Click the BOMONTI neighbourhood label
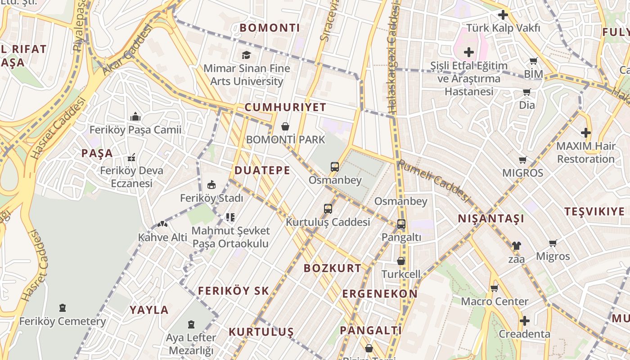tap(270, 28)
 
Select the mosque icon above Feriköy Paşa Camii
tap(135, 117)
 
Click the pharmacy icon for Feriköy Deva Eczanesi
tap(131, 157)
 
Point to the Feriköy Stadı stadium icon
tap(211, 184)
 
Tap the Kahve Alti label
tap(162, 237)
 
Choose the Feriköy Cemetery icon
tap(63, 308)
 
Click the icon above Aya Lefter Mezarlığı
tap(191, 324)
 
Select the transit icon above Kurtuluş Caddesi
tap(328, 209)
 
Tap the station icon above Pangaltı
tap(401, 224)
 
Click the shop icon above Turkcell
tap(401, 261)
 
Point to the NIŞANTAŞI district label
tap(491, 219)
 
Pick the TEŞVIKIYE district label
tap(595, 211)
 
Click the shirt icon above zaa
tap(516, 246)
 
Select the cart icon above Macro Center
tap(495, 288)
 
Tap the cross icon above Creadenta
tap(524, 321)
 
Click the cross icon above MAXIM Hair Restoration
tap(585, 133)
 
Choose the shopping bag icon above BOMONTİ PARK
tap(285, 126)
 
